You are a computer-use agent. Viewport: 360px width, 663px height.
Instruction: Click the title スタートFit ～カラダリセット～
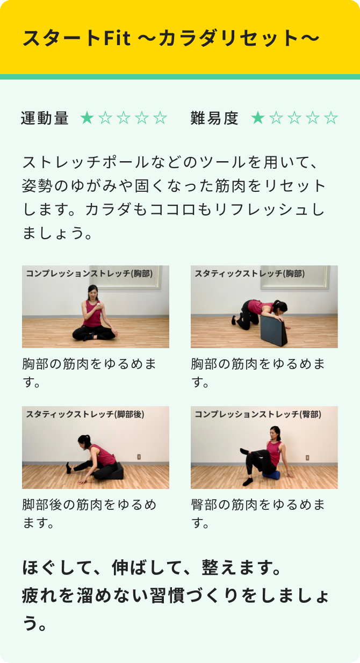(171, 38)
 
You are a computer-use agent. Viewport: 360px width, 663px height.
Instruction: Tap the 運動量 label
(45, 118)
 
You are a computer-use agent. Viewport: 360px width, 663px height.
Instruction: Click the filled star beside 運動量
(87, 118)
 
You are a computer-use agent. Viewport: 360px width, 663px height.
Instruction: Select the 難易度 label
(214, 118)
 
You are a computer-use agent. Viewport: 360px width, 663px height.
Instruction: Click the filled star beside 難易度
(258, 118)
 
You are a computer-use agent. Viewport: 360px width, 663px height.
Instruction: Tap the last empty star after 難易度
(332, 118)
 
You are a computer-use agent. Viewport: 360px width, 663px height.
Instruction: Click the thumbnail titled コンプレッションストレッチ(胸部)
(96, 307)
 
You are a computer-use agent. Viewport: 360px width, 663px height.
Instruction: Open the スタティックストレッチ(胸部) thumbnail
(264, 307)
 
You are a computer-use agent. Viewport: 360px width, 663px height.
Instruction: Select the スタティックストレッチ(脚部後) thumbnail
(96, 448)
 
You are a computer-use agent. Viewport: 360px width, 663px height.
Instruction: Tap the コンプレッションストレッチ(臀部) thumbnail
(264, 448)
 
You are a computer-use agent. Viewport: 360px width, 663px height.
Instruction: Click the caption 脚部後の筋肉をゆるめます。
(90, 513)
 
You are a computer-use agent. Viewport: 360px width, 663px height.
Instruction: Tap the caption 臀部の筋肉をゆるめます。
(258, 513)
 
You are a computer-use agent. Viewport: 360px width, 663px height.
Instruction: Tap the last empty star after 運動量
(160, 118)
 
